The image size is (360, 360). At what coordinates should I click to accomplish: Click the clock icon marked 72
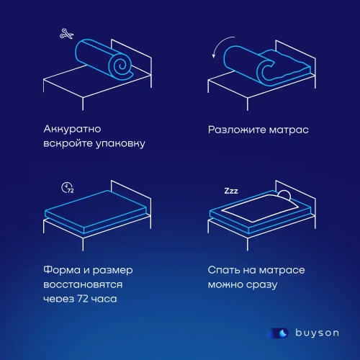(x=68, y=188)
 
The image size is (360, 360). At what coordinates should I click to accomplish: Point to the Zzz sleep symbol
(x=231, y=192)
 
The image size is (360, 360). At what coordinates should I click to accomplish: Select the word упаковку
(x=118, y=143)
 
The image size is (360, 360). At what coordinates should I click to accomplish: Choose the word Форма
(x=62, y=270)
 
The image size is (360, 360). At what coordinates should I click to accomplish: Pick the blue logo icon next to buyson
(x=279, y=333)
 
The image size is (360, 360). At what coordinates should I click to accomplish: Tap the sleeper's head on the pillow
(x=284, y=195)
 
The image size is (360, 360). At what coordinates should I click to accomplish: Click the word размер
(x=119, y=270)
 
